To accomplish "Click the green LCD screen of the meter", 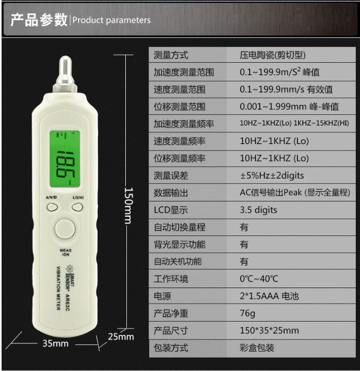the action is tap(65, 158).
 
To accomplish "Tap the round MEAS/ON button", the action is tap(65, 229).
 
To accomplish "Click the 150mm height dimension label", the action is tap(129, 206).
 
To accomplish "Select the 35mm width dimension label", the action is tap(55, 343).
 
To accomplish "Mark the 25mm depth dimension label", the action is tap(121, 336).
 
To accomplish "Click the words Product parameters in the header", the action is tap(112, 20).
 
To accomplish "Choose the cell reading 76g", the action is tap(247, 313).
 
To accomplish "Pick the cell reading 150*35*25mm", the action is tap(269, 331).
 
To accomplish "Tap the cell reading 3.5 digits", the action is tap(259, 210).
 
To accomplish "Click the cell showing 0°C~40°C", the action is tap(259, 279).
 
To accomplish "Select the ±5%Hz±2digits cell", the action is tap(272, 175).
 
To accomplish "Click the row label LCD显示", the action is tap(170, 210).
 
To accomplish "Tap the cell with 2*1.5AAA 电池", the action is tap(269, 296).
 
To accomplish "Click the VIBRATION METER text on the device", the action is tap(58, 288).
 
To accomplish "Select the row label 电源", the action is tap(162, 296).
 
